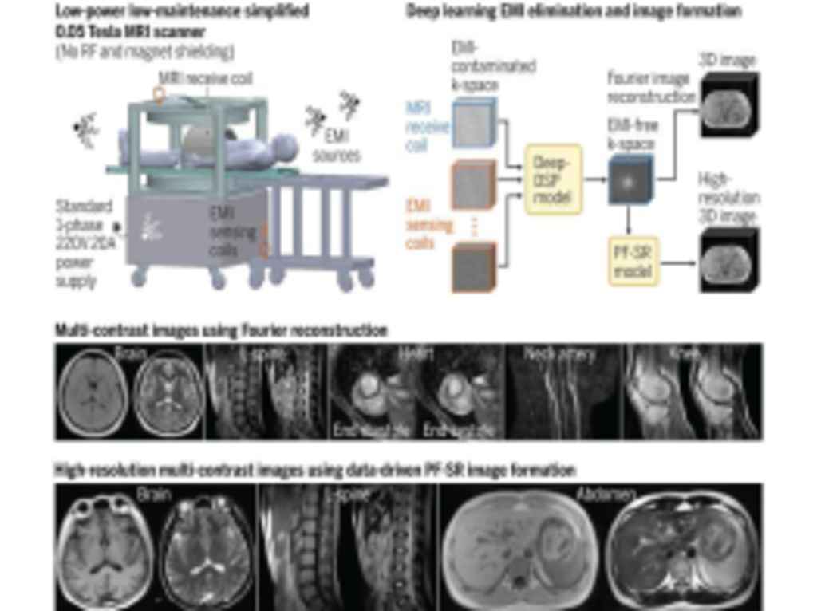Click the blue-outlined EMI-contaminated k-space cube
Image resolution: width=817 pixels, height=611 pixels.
pyautogui.click(x=475, y=123)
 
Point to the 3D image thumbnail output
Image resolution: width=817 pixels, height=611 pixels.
pyautogui.click(x=728, y=104)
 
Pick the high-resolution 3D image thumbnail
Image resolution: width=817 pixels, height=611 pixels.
pyautogui.click(x=728, y=259)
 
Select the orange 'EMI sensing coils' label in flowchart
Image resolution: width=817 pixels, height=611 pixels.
pyautogui.click(x=428, y=224)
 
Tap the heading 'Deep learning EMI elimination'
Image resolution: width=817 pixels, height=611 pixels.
pyautogui.click(x=574, y=11)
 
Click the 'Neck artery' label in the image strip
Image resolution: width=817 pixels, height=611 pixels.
pyautogui.click(x=560, y=354)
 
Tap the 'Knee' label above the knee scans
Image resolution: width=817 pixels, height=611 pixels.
pyautogui.click(x=685, y=353)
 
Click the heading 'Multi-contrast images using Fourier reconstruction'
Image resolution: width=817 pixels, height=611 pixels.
pyautogui.click(x=221, y=329)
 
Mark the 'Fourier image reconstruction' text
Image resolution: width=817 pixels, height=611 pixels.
pyautogui.click(x=651, y=88)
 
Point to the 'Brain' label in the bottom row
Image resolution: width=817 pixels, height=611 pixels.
pyautogui.click(x=153, y=495)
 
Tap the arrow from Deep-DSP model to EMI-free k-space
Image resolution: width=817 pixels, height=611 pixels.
pyautogui.click(x=594, y=179)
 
